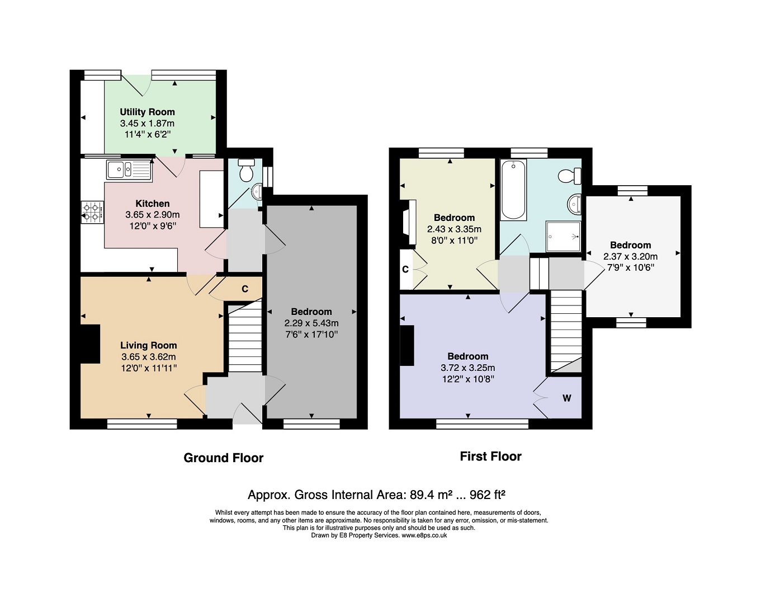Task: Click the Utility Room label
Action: tap(147, 112)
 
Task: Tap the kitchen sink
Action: tap(129, 170)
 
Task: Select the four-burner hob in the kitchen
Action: tap(92, 212)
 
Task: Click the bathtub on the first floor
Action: tap(513, 190)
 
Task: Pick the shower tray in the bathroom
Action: tap(564, 237)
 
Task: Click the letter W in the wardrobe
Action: tap(566, 398)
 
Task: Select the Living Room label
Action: tap(149, 345)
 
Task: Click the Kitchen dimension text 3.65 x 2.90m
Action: tap(153, 215)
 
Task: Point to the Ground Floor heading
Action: tap(224, 458)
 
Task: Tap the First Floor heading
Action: tap(490, 456)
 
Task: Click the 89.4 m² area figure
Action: tap(431, 495)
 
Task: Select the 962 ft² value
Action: tap(487, 495)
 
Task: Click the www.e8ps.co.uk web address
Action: tap(424, 535)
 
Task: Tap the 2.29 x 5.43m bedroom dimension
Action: tap(311, 323)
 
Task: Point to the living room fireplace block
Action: tap(91, 344)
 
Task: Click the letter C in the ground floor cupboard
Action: tap(245, 289)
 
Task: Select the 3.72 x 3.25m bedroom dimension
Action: tap(468, 368)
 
